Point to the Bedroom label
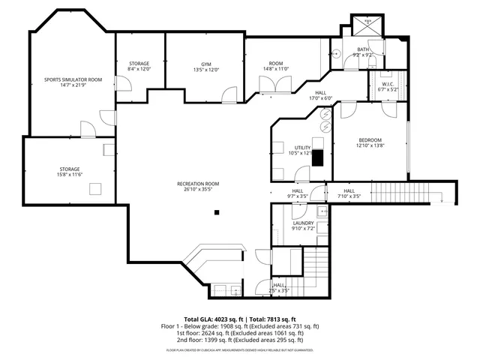tap(370, 143)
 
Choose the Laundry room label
tap(303, 226)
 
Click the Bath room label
tap(363, 52)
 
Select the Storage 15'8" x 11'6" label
tap(70, 172)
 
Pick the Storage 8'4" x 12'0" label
tap(139, 66)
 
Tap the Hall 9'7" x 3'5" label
tap(297, 194)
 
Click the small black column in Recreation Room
tap(217, 213)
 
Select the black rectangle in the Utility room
tap(317, 158)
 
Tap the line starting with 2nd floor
tap(238, 340)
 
